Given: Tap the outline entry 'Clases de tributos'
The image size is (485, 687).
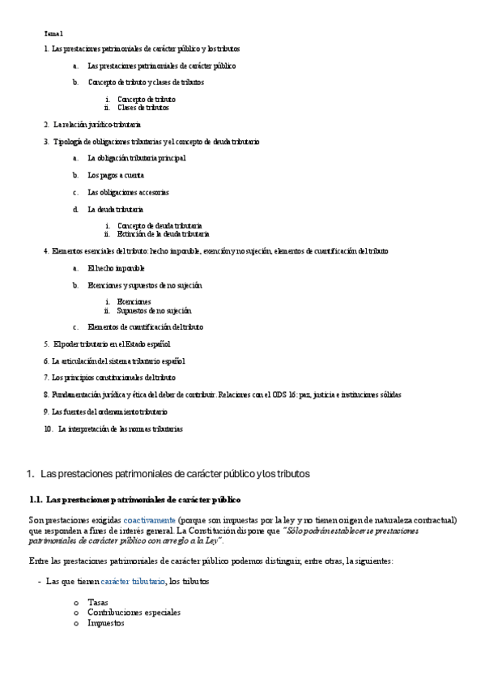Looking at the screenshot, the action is pos(143,107).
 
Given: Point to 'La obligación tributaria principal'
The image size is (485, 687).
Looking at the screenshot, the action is pos(136,158).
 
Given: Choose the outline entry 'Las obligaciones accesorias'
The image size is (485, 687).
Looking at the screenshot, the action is pos(128,192).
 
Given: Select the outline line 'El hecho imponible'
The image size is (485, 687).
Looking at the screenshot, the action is pos(117,267).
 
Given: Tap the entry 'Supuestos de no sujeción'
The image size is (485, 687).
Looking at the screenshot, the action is pos(154,309).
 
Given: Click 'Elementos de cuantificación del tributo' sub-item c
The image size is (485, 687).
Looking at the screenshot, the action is pos(145,327).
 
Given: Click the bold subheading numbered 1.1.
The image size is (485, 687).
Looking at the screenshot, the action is pos(134,500).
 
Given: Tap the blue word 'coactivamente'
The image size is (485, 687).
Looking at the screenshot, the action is pos(149,519).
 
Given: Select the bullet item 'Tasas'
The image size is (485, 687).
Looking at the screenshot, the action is pos(98,602).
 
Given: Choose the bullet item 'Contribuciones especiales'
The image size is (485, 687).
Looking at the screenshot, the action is pos(134,612).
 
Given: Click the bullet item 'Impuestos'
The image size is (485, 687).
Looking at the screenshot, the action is pos(106,623).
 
